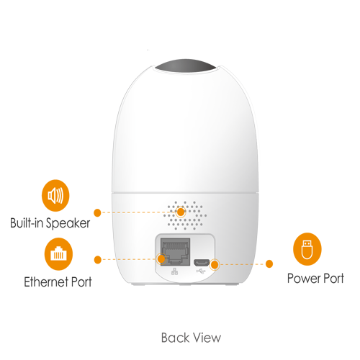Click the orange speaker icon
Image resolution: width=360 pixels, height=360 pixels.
[x=55, y=195]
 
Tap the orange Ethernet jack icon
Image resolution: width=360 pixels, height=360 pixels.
[x=58, y=254]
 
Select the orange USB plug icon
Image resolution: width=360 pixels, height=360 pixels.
[x=307, y=249]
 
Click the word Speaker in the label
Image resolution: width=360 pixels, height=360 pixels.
[x=68, y=223]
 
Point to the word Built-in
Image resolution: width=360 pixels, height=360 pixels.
[x=27, y=222]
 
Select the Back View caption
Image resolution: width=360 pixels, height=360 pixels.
[x=191, y=338]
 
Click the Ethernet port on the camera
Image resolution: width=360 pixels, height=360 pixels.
[x=175, y=252]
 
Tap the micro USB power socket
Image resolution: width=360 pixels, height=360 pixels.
[x=202, y=263]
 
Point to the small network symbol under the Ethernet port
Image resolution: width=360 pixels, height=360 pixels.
[x=175, y=271]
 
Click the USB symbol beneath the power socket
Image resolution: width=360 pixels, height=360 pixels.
[x=201, y=271]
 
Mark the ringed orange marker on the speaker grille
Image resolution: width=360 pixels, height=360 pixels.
[x=181, y=212]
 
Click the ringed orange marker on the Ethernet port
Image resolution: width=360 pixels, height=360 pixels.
[x=161, y=259]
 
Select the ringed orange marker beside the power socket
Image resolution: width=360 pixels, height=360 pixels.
[x=215, y=265]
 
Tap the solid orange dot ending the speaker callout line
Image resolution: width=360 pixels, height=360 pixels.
[x=97, y=212]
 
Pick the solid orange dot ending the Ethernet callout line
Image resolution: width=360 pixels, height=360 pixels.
[x=98, y=260]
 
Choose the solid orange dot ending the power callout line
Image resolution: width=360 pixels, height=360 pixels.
[x=269, y=264]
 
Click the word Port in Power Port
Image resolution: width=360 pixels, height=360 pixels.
[x=333, y=279]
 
